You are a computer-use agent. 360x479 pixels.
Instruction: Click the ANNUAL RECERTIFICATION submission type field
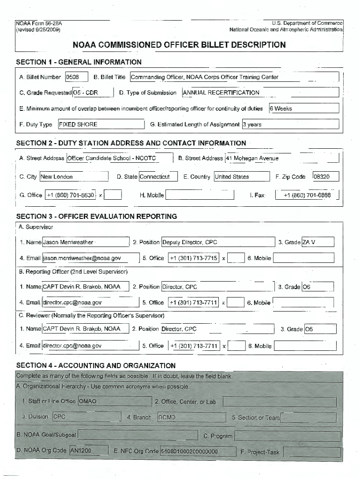click(260, 93)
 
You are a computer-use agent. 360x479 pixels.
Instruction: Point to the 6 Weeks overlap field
click(303, 109)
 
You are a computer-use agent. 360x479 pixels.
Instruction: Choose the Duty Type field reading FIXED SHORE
click(101, 124)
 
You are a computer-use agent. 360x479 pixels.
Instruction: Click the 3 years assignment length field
click(290, 124)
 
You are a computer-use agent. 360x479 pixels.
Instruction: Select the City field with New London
click(63, 177)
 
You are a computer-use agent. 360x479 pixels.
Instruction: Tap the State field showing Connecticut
click(158, 177)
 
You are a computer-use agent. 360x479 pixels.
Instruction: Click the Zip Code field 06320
click(325, 177)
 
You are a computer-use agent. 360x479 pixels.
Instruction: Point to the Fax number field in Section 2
click(307, 195)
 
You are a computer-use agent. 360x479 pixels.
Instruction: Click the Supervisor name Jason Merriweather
click(85, 242)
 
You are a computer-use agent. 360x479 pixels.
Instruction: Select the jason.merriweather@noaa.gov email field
click(90, 258)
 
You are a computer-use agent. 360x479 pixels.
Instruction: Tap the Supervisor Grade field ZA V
click(318, 242)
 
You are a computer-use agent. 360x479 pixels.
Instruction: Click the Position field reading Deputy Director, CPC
click(218, 242)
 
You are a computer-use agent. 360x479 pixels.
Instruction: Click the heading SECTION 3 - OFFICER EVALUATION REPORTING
click(97, 217)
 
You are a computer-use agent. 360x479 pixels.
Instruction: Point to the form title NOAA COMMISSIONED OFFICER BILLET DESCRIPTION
click(179, 45)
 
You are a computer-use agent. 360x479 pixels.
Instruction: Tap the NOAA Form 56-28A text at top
click(39, 23)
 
